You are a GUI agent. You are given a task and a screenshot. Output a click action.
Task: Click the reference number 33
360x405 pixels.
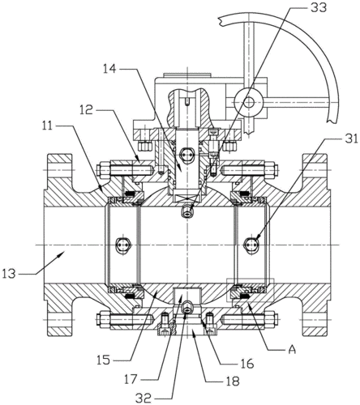(318, 7)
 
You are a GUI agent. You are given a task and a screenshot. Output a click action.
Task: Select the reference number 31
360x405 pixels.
(349, 139)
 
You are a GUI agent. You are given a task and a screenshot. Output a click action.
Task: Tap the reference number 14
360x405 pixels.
(109, 69)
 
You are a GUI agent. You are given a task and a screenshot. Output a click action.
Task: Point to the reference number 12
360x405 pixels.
(86, 110)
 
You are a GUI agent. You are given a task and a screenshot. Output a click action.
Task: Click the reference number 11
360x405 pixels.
(49, 126)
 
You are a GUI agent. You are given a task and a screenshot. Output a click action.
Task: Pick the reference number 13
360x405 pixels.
(10, 275)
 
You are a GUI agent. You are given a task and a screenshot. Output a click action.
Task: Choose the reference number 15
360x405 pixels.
(104, 360)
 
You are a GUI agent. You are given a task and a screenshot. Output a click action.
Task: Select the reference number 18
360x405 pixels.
(232, 381)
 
